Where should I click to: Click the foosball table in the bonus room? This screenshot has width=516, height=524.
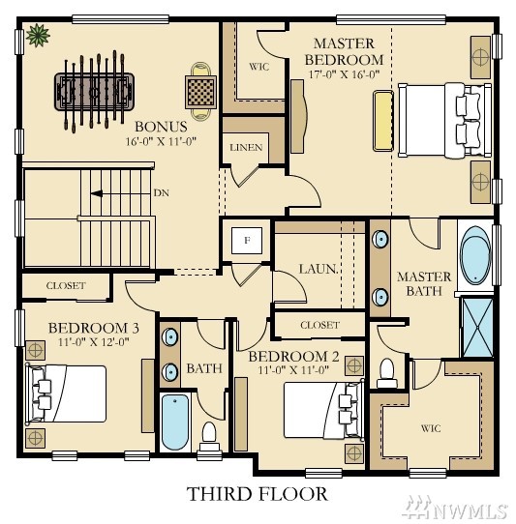pos(94,92)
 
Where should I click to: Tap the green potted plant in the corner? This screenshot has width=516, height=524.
pos(38,35)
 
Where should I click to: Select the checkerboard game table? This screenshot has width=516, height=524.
pos(200,92)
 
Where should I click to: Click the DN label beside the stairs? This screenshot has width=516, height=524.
pos(162,193)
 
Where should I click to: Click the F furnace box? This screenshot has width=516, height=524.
pos(247,241)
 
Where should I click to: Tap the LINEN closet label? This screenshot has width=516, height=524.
pos(246,147)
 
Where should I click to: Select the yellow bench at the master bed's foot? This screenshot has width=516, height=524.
pos(383,121)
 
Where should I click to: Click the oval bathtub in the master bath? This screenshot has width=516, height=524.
pos(475,255)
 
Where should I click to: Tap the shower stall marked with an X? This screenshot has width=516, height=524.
pos(477,328)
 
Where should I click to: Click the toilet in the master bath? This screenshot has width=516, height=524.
pos(387,373)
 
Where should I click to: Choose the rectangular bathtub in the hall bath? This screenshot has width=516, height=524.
pos(175,422)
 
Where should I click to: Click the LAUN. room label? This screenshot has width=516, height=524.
pos(319,269)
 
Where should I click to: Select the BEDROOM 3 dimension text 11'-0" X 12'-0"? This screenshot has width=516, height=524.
pos(94,342)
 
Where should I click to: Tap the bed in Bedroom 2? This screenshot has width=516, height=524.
pos(323,410)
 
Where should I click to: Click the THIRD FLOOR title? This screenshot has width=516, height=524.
pos(257,494)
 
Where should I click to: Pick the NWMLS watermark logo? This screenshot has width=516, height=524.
pos(457,509)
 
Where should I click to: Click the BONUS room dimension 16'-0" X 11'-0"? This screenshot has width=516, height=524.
pos(161,141)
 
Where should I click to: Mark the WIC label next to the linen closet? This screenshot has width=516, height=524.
pos(259,67)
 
